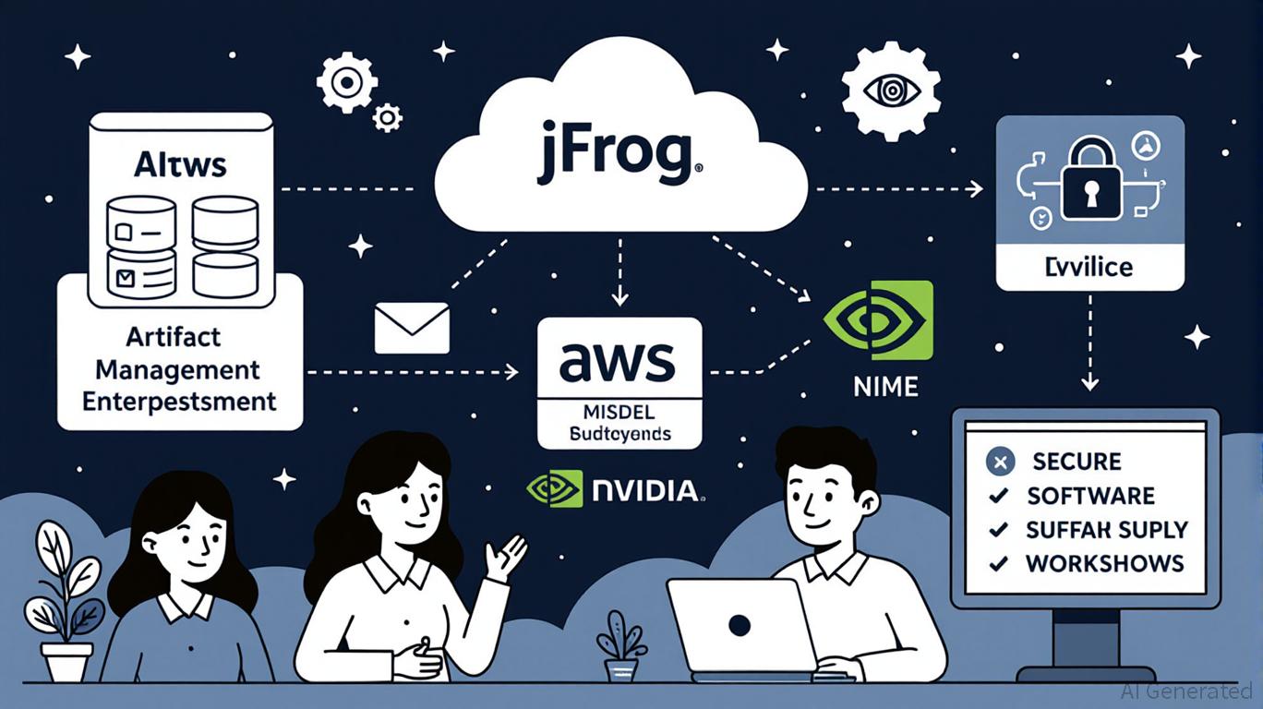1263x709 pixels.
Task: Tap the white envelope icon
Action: (412, 329)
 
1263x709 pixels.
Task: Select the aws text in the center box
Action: (619, 361)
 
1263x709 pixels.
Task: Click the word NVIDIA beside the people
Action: (646, 489)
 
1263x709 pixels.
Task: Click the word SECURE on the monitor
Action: (1077, 462)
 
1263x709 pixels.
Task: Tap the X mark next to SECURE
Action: (999, 462)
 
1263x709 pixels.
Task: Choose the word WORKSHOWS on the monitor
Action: (1104, 563)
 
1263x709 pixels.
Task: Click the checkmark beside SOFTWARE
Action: (998, 497)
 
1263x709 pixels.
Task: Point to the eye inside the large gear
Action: (892, 90)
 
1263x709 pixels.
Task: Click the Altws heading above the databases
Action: (181, 166)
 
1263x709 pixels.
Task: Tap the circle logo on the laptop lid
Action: (739, 626)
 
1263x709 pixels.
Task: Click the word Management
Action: (178, 369)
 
